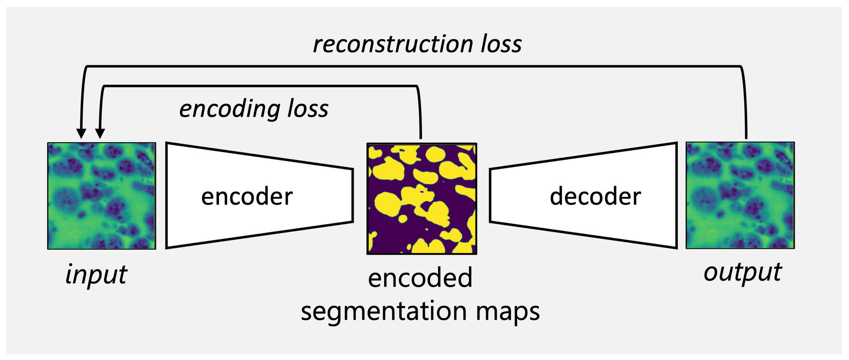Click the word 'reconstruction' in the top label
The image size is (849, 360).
click(x=393, y=45)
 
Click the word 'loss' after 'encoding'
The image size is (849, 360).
click(x=308, y=109)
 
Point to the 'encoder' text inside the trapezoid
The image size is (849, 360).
click(x=247, y=197)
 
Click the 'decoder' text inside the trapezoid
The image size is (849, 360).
click(x=595, y=197)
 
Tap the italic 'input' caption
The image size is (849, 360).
click(x=96, y=274)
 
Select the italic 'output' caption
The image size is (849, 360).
click(x=742, y=272)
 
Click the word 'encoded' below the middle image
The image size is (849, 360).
click(x=420, y=278)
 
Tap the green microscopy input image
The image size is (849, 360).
click(x=101, y=196)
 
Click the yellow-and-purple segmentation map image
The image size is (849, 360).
click(x=422, y=199)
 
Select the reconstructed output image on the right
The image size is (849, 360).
click(x=740, y=195)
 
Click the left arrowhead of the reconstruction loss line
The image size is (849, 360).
click(x=81, y=133)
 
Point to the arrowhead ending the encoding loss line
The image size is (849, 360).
click(x=100, y=133)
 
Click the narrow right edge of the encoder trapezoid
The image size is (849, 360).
click(x=352, y=195)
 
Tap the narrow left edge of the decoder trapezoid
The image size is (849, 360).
click(x=490, y=195)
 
